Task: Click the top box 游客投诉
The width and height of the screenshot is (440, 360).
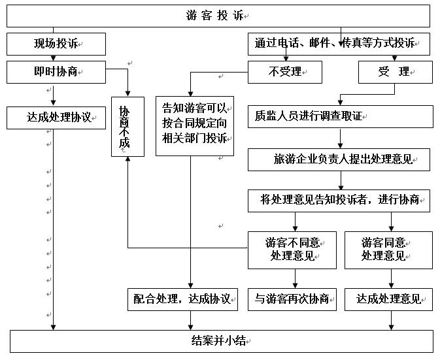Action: click(218, 16)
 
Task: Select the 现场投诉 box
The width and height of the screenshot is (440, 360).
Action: click(56, 44)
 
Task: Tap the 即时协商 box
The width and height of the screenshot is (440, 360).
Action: click(56, 72)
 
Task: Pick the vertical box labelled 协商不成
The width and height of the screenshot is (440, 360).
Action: click(126, 127)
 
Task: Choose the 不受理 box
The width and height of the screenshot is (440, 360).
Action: click(285, 72)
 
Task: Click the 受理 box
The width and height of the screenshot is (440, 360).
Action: click(395, 72)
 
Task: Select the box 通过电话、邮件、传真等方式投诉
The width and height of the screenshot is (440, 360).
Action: click(339, 44)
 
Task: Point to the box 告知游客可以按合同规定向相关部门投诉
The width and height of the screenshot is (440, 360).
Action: click(194, 126)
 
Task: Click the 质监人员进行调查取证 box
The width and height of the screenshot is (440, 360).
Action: click(340, 117)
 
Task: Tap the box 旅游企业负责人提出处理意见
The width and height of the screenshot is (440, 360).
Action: click(339, 159)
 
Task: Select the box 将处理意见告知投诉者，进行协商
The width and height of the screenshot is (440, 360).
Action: click(339, 201)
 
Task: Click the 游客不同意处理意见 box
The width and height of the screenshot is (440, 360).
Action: click(292, 250)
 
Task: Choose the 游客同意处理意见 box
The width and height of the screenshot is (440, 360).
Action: click(388, 250)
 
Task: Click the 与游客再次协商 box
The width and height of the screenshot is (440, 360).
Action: click(292, 299)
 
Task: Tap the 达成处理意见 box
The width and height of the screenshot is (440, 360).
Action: click(388, 299)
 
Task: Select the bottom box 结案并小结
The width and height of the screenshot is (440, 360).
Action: click(221, 341)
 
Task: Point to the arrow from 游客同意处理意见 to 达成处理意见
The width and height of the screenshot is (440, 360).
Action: click(391, 279)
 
